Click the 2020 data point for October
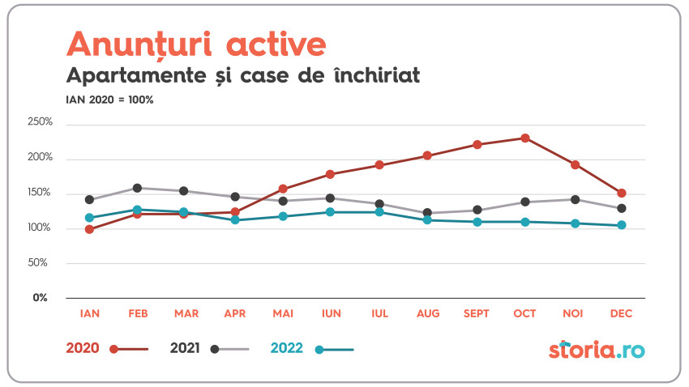click(525, 138)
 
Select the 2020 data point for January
click(89, 229)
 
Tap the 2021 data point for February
click(137, 188)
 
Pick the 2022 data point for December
click(622, 225)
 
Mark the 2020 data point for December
click(622, 193)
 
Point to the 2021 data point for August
click(427, 213)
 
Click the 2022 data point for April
click(235, 220)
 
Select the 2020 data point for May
click(283, 189)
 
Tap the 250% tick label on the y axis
click(40, 122)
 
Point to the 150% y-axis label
click(40, 193)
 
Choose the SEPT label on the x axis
click(477, 313)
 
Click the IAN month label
click(89, 313)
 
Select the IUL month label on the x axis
click(379, 313)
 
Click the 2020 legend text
click(82, 348)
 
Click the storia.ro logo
click(597, 350)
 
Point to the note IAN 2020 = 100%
click(109, 100)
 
